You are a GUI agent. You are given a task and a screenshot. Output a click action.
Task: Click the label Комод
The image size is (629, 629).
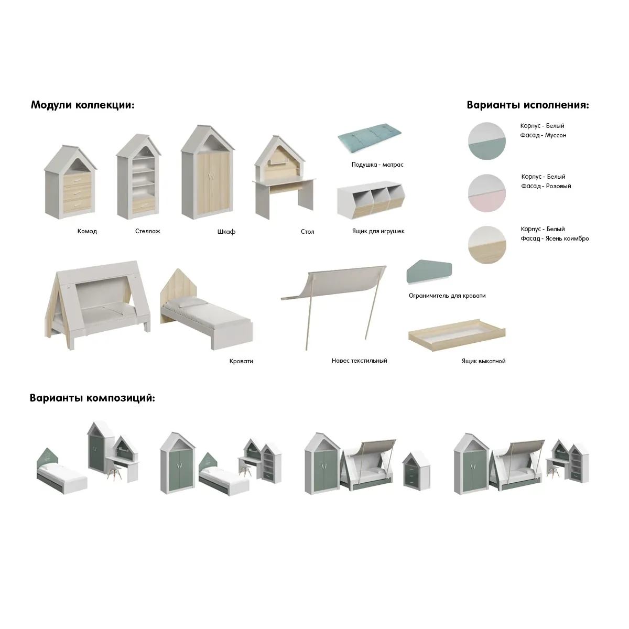point(87,231)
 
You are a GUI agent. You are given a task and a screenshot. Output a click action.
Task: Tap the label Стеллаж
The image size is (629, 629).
point(147,231)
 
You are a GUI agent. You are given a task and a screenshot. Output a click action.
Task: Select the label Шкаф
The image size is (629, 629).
point(226,232)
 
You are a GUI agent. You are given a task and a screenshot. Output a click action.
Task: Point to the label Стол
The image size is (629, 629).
point(308,232)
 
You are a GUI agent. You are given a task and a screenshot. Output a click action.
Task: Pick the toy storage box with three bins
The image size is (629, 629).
point(371,200)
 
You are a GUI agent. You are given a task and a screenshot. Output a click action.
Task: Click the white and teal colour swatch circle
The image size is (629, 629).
point(486,141)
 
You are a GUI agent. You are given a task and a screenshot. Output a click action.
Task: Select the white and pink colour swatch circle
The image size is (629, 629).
point(486,193)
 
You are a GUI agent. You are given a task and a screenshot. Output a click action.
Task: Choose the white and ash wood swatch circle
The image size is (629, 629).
point(486,245)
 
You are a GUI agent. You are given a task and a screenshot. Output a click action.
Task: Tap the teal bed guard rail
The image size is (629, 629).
point(429,272)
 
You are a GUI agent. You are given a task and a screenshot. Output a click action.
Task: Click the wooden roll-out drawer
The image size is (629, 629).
point(457,335)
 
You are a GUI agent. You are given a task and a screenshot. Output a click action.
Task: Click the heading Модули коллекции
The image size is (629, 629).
point(83,105)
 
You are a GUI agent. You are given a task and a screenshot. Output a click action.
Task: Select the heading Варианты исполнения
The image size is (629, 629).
point(528,105)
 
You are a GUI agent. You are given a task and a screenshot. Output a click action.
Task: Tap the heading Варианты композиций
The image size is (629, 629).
point(92,398)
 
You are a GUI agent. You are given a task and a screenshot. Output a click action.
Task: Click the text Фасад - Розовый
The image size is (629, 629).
point(546,186)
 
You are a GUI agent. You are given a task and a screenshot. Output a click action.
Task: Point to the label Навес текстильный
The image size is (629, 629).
point(359,361)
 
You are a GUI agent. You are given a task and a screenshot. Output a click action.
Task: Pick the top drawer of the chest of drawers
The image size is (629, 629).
point(77,180)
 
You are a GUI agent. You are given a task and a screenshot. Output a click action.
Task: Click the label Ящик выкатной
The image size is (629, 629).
point(483,361)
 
